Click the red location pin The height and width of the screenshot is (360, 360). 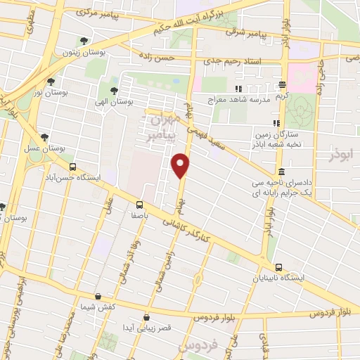pyautogui.click(x=181, y=165)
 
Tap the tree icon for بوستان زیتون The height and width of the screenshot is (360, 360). pyautogui.click(x=84, y=41)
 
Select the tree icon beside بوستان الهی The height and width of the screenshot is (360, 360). pyautogui.click(x=114, y=91)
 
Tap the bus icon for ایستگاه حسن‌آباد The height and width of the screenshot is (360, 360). pyautogui.click(x=73, y=167)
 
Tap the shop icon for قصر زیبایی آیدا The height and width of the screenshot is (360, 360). pyautogui.click(x=146, y=318)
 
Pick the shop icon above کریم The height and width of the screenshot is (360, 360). pyautogui.click(x=283, y=84)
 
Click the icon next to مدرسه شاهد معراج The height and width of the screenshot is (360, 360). pyautogui.click(x=238, y=89)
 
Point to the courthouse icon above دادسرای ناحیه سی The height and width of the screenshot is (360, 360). pyautogui.click(x=281, y=172)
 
